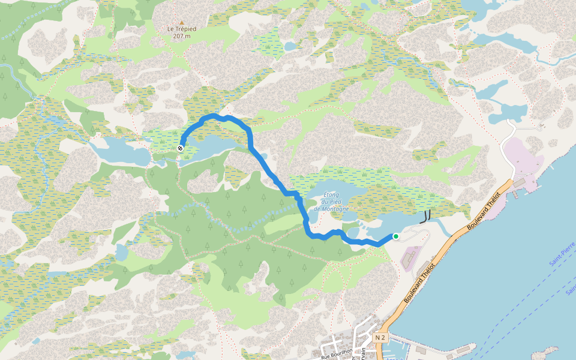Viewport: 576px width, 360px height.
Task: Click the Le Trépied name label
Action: tap(181, 29)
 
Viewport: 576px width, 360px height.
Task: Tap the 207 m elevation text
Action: tap(181, 36)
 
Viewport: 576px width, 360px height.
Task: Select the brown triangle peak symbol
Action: tap(181, 23)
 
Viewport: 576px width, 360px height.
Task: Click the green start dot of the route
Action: tap(396, 236)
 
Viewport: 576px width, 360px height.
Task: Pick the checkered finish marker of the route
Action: tap(181, 148)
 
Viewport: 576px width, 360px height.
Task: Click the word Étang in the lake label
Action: tap(331, 194)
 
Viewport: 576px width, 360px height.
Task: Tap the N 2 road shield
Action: tap(379, 338)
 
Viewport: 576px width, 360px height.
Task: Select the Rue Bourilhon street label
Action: tap(336, 355)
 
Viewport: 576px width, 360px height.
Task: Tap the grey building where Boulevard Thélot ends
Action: tap(520, 182)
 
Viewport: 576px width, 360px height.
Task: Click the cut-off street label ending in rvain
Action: tap(364, 354)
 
